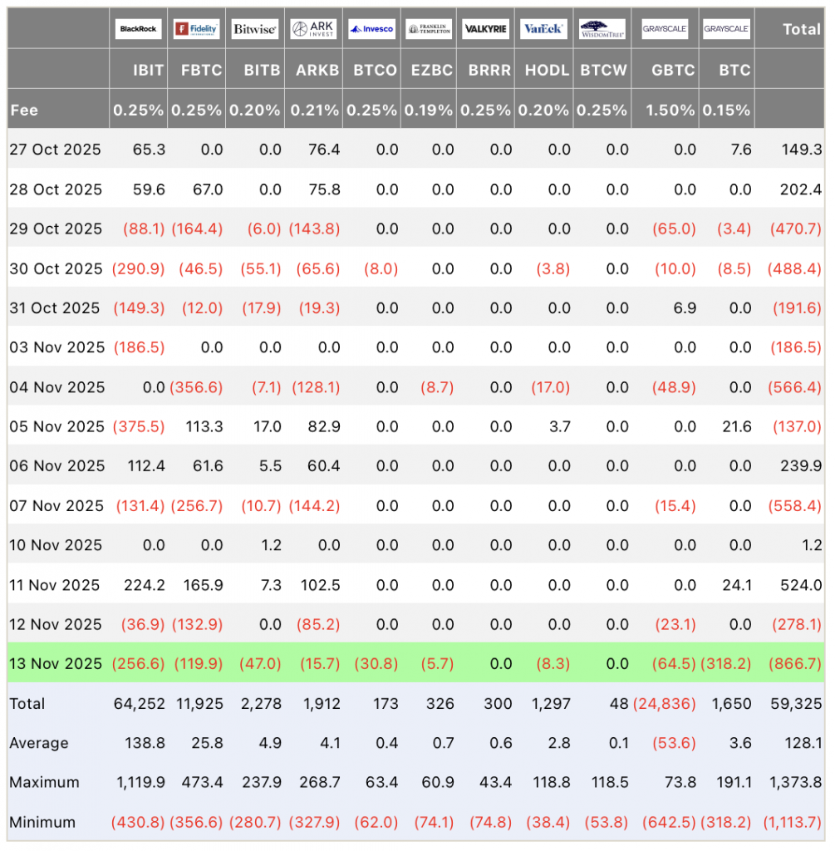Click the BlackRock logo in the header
(139, 29)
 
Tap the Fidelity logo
(196, 29)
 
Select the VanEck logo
(543, 29)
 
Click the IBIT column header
(148, 70)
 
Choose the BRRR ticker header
(489, 70)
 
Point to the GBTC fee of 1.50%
(670, 111)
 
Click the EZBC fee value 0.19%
(428, 111)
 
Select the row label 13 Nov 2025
(56, 664)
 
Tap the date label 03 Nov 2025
(57, 347)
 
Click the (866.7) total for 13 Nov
(794, 664)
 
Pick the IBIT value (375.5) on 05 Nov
(139, 426)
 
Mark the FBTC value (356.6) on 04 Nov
(196, 387)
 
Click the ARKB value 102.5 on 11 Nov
(320, 585)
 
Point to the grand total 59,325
(796, 704)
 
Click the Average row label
(39, 744)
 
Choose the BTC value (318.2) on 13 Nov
(726, 664)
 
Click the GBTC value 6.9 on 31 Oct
(685, 308)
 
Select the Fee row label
(24, 111)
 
